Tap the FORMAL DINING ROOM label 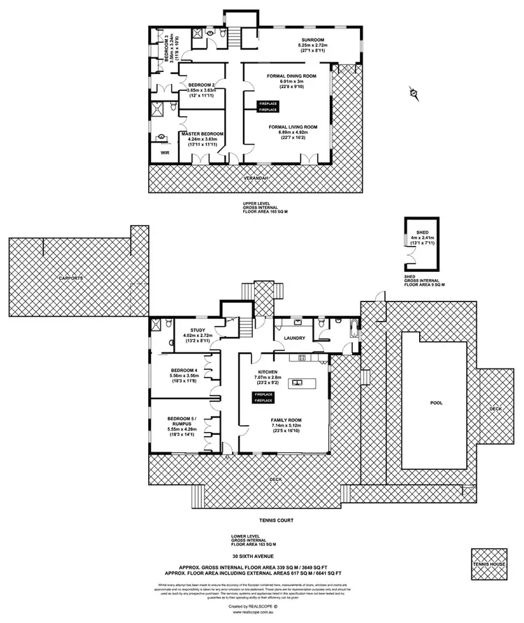pyautogui.click(x=292, y=74)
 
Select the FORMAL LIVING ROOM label pyautogui.click(x=293, y=127)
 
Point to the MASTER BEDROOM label pyautogui.click(x=201, y=134)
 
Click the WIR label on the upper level pyautogui.click(x=165, y=150)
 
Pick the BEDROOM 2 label pyautogui.click(x=201, y=85)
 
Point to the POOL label pyautogui.click(x=436, y=403)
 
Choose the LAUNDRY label pyautogui.click(x=293, y=338)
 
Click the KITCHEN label pyautogui.click(x=268, y=371)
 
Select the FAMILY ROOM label pyautogui.click(x=286, y=420)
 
